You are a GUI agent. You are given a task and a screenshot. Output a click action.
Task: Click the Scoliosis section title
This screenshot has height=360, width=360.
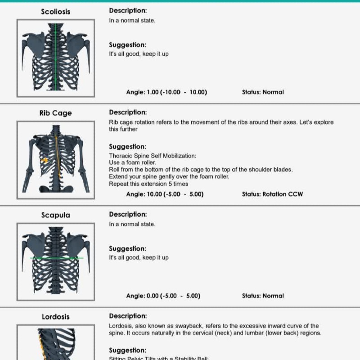coord(56,12)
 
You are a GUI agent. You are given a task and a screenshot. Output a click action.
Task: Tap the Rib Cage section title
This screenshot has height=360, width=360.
coord(56,113)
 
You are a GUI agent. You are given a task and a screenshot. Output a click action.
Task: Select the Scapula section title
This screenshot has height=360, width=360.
coord(56,215)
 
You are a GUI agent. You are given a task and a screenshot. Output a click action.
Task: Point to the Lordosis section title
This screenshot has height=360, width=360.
coord(56,317)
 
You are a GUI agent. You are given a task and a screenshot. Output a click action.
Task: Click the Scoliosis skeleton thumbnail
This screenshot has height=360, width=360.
coord(56,58)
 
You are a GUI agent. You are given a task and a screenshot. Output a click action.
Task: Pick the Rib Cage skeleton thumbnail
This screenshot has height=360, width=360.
coord(56,160)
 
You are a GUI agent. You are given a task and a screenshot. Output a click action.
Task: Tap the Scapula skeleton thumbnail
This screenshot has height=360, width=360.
coord(56,261)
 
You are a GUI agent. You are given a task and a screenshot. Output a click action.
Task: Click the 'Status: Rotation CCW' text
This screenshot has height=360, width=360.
coord(272,194)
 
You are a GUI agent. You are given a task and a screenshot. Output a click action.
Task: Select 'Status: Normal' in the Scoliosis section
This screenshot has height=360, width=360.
coord(263,92)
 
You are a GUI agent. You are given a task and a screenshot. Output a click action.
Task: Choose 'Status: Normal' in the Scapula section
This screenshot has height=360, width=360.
coord(263,296)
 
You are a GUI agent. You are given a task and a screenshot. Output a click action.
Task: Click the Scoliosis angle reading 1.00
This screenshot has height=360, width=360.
coord(153,92)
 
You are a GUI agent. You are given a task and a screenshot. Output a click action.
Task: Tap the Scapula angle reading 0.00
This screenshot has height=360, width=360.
coord(153,296)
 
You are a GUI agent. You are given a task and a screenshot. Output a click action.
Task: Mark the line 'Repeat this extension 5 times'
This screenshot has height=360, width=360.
coord(148,184)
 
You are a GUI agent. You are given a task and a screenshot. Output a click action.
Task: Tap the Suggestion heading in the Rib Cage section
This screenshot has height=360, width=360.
coord(127,147)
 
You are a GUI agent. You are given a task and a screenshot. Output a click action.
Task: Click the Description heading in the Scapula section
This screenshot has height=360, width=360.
coord(128,214)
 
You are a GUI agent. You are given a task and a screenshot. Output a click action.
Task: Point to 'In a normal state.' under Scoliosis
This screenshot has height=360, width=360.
coord(132,21)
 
